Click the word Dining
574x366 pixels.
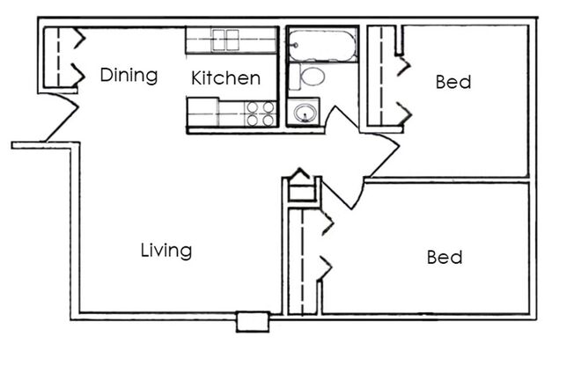tap(129, 75)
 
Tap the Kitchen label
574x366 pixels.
tap(225, 77)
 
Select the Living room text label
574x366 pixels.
tap(166, 251)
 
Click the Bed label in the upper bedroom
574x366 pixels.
tap(453, 83)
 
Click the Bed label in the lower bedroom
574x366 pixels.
tap(445, 258)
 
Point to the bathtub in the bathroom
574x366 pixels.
tap(322, 43)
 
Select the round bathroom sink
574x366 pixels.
tap(305, 113)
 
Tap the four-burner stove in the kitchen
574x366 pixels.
tap(260, 113)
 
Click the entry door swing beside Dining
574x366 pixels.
tap(62, 119)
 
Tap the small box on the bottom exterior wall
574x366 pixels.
tap(252, 323)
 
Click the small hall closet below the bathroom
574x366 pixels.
tap(300, 187)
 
